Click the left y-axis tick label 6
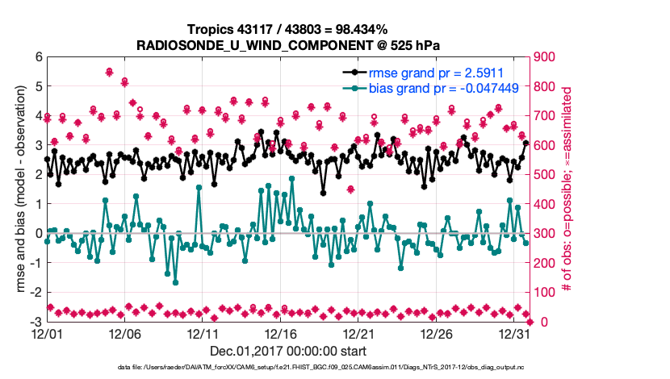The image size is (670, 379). [x=38, y=56]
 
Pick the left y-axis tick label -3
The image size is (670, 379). [x=36, y=322]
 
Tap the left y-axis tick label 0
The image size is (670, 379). [x=38, y=234]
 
